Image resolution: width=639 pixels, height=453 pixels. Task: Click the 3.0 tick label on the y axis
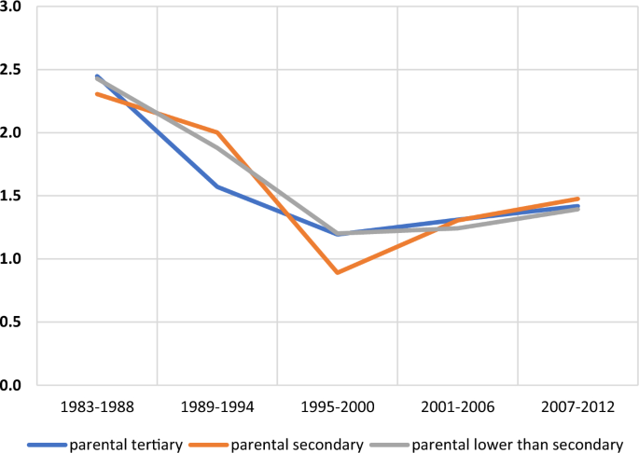(10, 7)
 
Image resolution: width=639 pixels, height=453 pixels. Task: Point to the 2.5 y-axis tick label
(10, 70)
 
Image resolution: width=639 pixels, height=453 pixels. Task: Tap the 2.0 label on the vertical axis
(10, 133)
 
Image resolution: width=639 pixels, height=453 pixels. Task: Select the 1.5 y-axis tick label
(10, 196)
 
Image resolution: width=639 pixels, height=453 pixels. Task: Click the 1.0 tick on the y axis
(10, 259)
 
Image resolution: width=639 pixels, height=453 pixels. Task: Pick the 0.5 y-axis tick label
(10, 322)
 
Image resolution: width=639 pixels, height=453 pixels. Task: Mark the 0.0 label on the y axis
(10, 384)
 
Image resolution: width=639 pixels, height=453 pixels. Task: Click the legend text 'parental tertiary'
(132, 444)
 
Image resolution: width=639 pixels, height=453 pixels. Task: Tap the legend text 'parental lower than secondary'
(517, 444)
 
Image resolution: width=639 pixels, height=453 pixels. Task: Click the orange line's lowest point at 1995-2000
(337, 272)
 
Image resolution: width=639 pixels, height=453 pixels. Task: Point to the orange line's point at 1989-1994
(216, 132)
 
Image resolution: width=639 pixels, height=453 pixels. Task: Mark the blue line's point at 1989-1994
(216, 186)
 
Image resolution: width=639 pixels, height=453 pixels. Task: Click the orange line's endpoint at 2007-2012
(577, 199)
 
